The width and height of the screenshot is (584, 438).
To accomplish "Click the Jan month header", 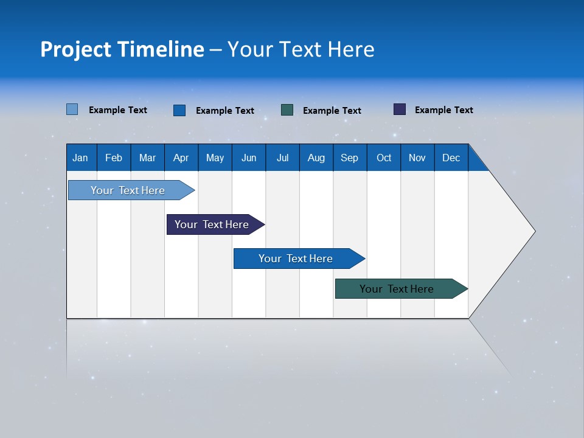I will tap(80, 158).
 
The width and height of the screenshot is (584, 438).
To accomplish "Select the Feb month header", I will tap(114, 158).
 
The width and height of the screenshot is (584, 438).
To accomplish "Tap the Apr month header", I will tap(181, 158).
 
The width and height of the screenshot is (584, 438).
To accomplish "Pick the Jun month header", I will tap(249, 158).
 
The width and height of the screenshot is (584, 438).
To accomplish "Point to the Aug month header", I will tap(316, 158).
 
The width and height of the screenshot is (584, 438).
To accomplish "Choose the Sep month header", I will tap(349, 158).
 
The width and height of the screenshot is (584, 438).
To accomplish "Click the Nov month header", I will tap(417, 158).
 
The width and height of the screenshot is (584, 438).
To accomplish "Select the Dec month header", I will tap(451, 158).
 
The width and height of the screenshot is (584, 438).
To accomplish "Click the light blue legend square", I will tap(72, 109).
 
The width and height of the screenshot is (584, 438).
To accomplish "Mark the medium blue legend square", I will tap(179, 110).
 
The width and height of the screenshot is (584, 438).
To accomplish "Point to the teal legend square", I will tap(287, 110).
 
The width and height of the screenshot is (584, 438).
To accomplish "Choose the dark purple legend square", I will tap(400, 109).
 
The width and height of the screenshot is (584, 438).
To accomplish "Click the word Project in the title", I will tap(76, 49).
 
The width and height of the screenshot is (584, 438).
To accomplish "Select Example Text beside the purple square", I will tap(443, 110).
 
